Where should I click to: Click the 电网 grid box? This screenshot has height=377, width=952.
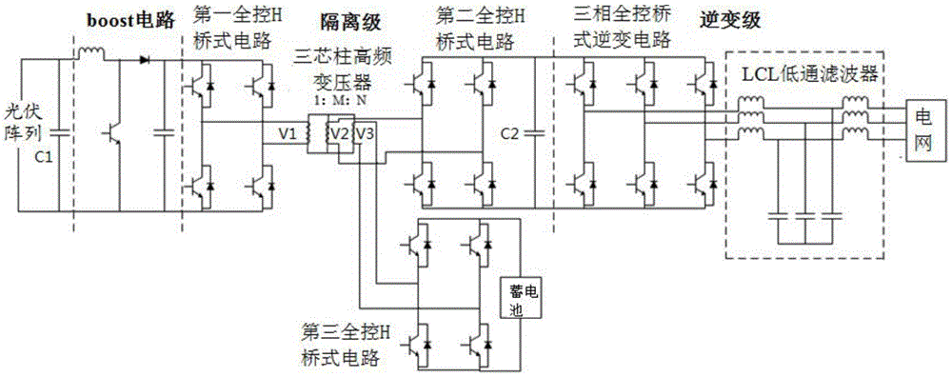click(922, 131)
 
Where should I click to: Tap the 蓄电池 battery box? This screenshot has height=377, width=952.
click(521, 299)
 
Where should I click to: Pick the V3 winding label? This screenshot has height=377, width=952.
click(364, 134)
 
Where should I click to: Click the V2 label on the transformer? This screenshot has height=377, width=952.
click(338, 134)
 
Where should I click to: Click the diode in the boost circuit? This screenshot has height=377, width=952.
click(145, 59)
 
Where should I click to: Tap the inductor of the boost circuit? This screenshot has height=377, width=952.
click(95, 57)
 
